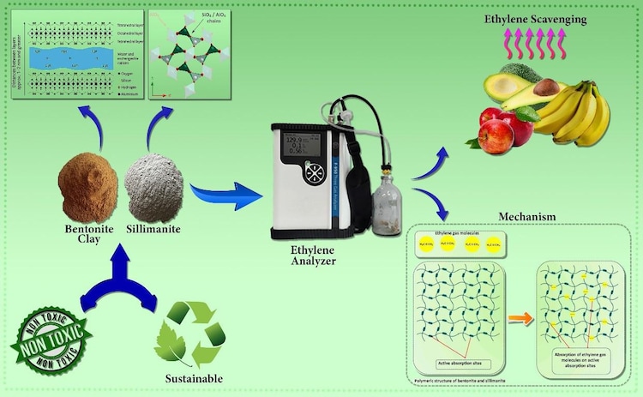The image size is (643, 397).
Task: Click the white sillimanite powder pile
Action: click(154, 183)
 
